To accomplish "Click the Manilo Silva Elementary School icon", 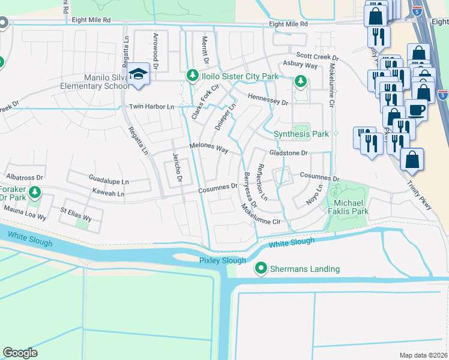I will pos(139,74).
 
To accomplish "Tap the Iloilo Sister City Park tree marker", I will pos(192,76).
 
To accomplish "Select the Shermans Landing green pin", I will pos(261,269).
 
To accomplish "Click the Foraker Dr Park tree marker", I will pos(35,192).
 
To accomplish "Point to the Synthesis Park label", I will pos(301,134).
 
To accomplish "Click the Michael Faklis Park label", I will pos(348,207).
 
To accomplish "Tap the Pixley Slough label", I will pos(223,260).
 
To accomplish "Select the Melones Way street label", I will pos(209,148).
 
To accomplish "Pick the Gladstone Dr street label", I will pos(288,153).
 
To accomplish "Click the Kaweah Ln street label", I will pos(108,194).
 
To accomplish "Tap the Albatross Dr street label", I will pos(25,178).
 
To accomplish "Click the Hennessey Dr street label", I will pos(268,100).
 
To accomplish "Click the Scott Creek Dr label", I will pos(318,57).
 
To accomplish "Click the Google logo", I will pos(20,353).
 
